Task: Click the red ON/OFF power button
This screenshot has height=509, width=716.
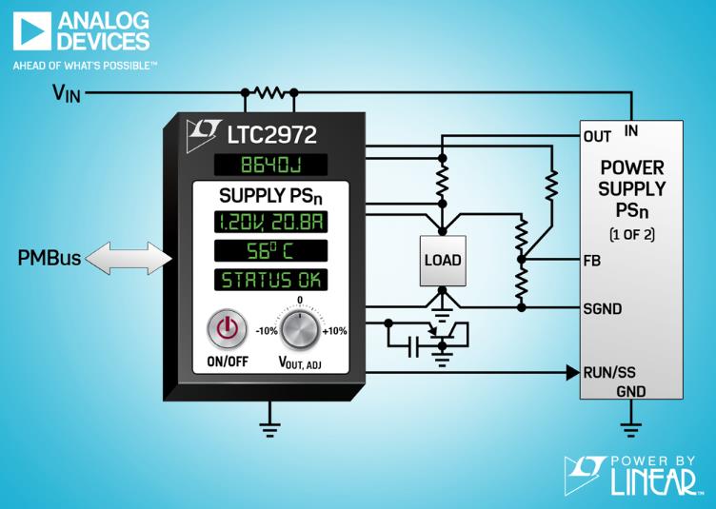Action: click(227, 329)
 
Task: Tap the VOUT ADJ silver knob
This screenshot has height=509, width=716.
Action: click(300, 330)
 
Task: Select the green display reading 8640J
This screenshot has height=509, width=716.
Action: click(270, 165)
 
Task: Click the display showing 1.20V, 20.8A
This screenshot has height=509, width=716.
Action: click(270, 222)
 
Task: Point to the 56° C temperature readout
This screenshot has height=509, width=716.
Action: click(270, 251)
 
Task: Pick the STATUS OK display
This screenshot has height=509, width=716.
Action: click(270, 280)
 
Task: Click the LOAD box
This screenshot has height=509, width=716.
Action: click(443, 261)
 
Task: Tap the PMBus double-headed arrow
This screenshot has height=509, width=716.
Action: click(129, 258)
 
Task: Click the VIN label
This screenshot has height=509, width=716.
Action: click(67, 94)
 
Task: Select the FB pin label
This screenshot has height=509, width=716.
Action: click(592, 261)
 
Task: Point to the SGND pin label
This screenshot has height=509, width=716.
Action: click(603, 309)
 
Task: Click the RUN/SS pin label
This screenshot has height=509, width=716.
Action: click(609, 373)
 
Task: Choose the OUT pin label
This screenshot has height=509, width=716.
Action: click(597, 136)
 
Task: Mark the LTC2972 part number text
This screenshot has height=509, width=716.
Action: click(271, 134)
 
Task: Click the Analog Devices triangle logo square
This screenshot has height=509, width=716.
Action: click(32, 31)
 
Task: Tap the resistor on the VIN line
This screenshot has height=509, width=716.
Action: click(269, 92)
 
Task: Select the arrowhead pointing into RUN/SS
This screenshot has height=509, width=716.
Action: click(573, 373)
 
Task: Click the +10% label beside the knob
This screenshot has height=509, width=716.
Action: click(335, 331)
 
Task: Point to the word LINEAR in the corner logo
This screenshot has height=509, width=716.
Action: click(654, 482)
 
